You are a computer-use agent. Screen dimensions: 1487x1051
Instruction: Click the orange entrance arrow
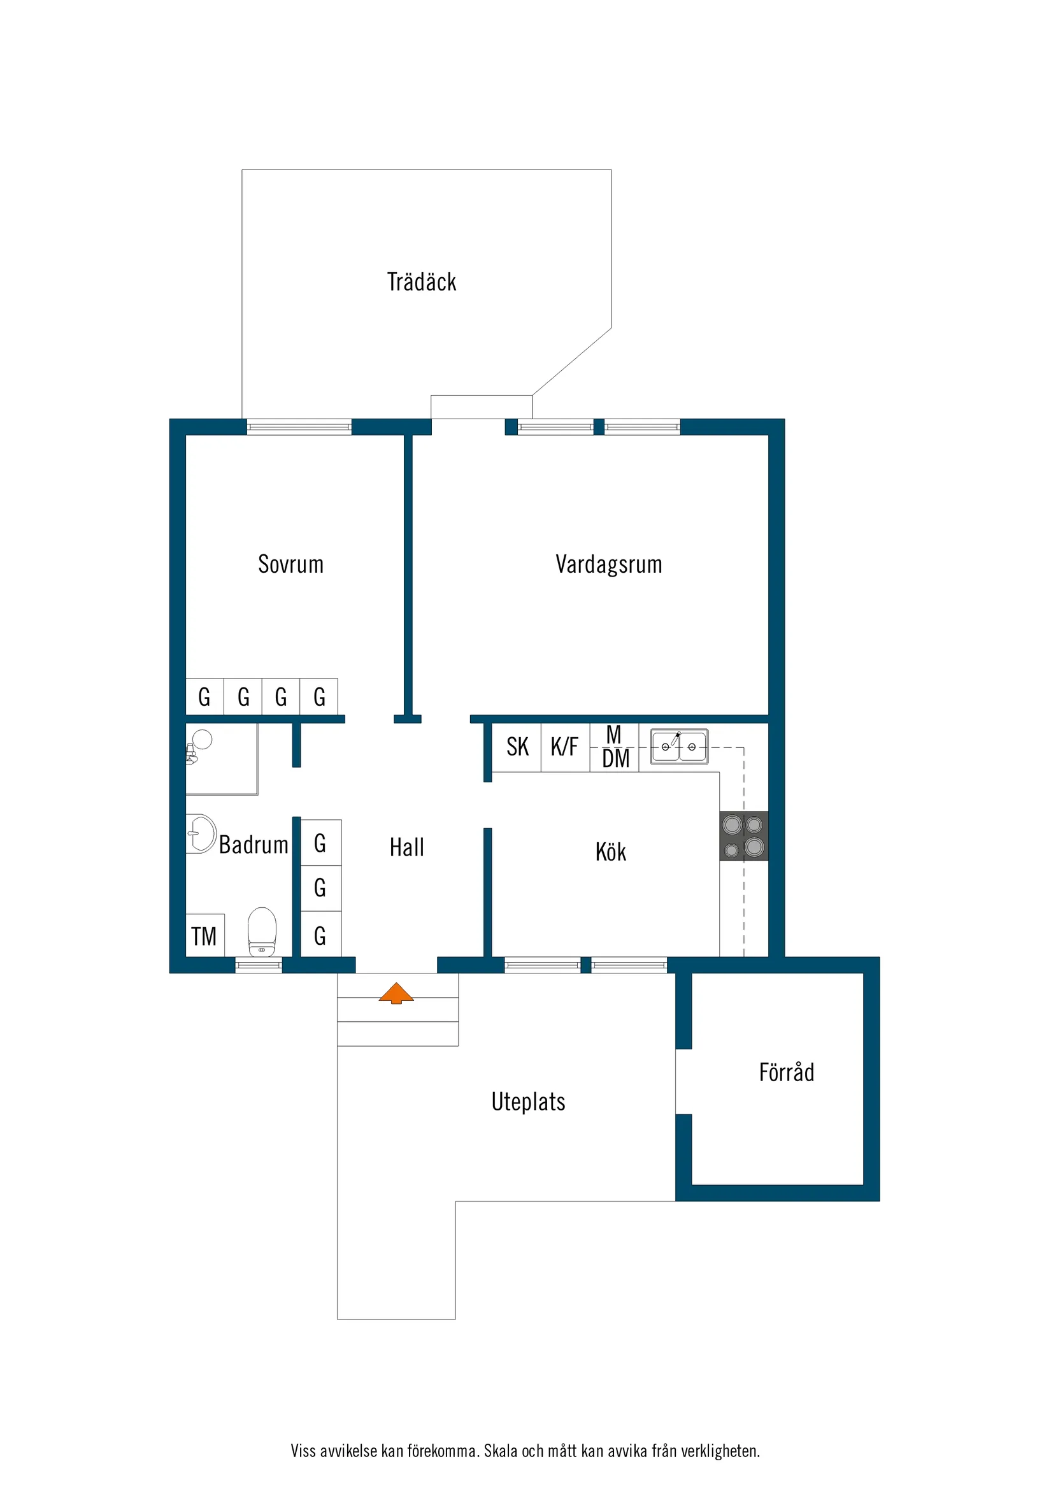pos(396,993)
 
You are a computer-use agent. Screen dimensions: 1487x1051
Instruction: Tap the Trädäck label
pos(422,282)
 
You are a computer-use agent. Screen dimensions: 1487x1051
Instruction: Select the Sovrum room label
pos(290,564)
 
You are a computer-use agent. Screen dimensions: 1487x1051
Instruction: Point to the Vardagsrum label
pos(609,564)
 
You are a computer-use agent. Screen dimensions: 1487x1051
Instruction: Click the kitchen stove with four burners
pos(743,835)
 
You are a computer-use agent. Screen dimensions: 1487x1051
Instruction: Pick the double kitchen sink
pos(678,747)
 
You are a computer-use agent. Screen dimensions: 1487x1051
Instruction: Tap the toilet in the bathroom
pos(262,931)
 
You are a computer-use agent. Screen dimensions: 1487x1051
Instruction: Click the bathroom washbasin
pos(201,833)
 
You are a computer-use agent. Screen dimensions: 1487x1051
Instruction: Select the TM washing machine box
pos(204,936)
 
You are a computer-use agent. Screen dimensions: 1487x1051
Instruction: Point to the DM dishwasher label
pos(615,758)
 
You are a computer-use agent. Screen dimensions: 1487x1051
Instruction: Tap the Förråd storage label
pos(786,1072)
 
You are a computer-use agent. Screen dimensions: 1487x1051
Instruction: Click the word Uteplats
pos(528,1102)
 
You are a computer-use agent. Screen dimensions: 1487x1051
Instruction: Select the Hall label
pos(406,847)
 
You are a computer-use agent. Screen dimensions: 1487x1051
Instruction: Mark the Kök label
pos(610,852)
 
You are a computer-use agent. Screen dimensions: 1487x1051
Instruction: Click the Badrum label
pos(254,845)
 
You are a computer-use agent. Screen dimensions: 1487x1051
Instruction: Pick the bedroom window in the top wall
pos(299,427)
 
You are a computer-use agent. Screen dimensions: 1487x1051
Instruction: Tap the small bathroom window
pos(259,965)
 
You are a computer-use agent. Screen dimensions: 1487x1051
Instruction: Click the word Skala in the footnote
pos(501,1451)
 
